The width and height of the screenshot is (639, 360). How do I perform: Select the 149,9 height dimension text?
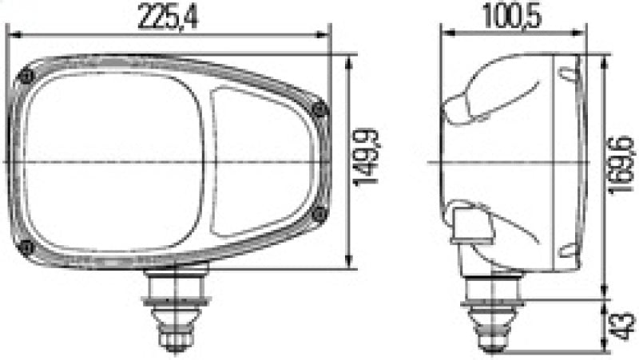point(369,162)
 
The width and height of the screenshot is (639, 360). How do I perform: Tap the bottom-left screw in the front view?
point(29,245)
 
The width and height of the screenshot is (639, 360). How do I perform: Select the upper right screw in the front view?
point(320,111)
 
